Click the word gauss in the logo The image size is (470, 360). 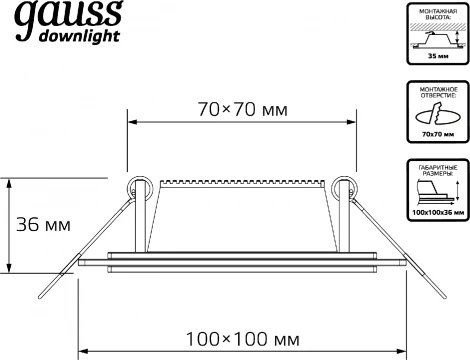[62, 17]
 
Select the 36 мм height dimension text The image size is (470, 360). [45, 224]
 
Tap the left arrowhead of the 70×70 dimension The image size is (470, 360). [132, 124]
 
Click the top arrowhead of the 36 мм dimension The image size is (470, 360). [10, 183]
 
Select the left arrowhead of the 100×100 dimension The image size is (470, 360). [84, 352]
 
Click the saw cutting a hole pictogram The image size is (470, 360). [433, 115]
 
